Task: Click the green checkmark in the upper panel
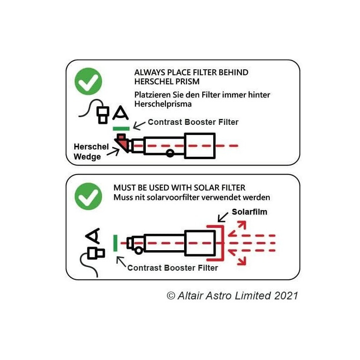point(88,81)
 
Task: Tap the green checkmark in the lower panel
point(88,196)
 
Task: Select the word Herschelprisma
point(163,104)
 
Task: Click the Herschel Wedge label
point(91,152)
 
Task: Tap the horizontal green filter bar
point(121,129)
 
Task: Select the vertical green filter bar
point(115,243)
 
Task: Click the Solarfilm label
point(249,212)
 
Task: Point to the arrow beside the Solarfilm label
point(223,217)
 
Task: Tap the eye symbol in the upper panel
point(121,113)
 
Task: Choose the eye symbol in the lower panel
point(93,236)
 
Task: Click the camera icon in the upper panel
point(103,115)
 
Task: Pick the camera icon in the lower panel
point(96,253)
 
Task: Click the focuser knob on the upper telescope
point(170,153)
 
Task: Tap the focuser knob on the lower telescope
point(139,250)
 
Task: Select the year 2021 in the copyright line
point(286,296)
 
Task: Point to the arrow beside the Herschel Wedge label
point(113,152)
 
